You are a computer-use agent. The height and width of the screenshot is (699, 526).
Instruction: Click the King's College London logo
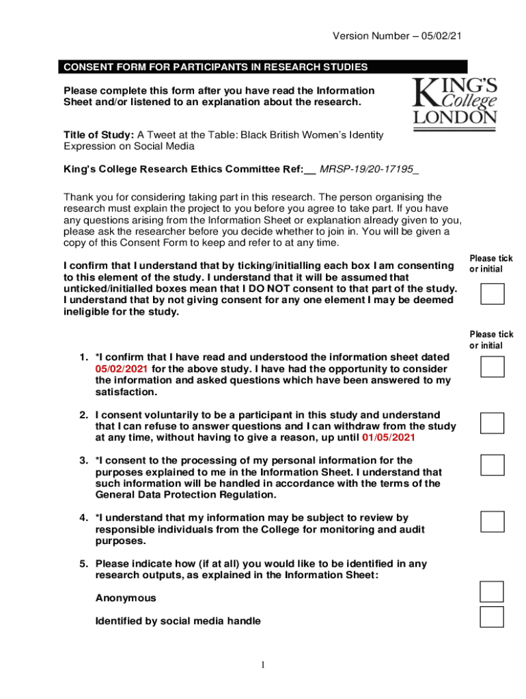(454, 100)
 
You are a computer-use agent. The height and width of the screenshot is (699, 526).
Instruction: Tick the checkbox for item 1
(492, 367)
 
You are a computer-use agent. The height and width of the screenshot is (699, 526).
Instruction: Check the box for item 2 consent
(492, 423)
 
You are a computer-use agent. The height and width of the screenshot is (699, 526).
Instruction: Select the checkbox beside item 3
(492, 465)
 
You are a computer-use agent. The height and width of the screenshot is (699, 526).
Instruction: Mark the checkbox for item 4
(492, 522)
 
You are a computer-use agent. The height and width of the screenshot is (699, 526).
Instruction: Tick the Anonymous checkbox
(492, 592)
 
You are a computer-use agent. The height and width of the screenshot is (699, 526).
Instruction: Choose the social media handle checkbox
(492, 616)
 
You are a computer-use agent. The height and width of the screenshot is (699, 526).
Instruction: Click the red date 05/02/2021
(122, 369)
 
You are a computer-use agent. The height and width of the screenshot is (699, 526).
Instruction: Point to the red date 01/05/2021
(389, 438)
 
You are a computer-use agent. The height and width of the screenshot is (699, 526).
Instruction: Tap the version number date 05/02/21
(448, 35)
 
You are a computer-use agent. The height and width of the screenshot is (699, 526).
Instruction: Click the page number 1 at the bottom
(262, 665)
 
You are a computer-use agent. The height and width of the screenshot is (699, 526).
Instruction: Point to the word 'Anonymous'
(126, 598)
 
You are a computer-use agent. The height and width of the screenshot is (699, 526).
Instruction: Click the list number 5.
(83, 564)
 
